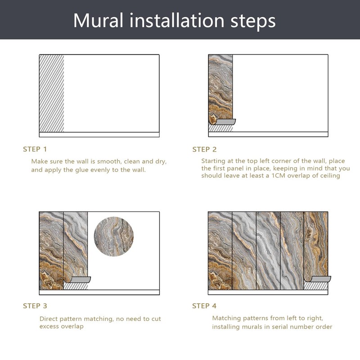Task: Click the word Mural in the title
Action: tap(98, 21)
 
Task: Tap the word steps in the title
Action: tap(253, 22)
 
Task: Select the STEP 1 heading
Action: tap(35, 149)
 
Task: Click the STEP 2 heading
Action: tap(204, 149)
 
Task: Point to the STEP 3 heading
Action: tap(35, 306)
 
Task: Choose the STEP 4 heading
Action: tap(204, 306)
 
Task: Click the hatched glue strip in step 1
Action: tap(52, 93)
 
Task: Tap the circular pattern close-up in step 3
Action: tap(114, 237)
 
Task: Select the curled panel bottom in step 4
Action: tap(318, 279)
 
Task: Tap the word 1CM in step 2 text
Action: tap(278, 176)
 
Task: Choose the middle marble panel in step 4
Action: tap(268, 251)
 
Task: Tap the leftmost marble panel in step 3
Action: tap(51, 251)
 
